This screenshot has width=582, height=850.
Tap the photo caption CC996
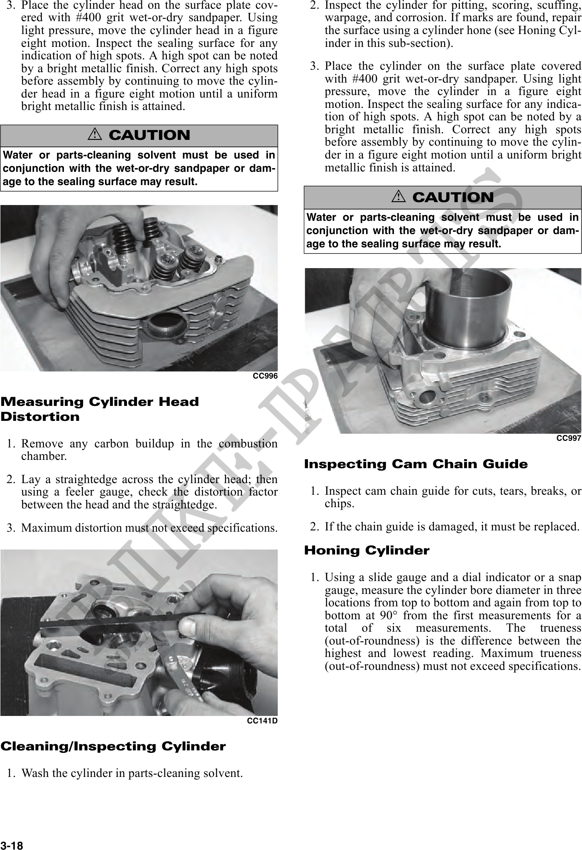pyautogui.click(x=265, y=376)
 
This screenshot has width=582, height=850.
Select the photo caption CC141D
pyautogui.click(x=262, y=721)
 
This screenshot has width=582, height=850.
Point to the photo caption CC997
pyautogui.click(x=569, y=438)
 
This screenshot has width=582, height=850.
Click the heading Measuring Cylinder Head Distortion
pyautogui.click(x=100, y=409)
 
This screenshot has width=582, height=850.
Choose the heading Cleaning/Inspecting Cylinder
pyautogui.click(x=113, y=746)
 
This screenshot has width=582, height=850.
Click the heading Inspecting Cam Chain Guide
pyautogui.click(x=416, y=464)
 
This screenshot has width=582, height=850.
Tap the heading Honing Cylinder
pyautogui.click(x=367, y=551)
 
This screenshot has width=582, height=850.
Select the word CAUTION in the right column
pyautogui.click(x=453, y=198)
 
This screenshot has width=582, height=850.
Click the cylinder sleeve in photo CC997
pyautogui.click(x=465, y=307)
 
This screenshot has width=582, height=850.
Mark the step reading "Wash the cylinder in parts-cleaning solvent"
pyautogui.click(x=132, y=773)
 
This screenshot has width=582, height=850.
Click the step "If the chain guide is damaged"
pyautogui.click(x=452, y=527)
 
